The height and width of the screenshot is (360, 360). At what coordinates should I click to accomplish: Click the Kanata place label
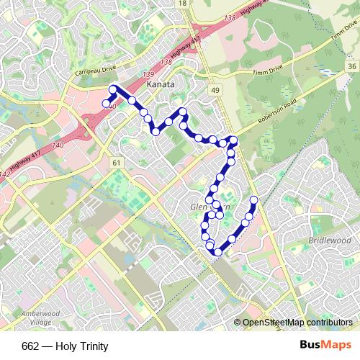pyautogui.click(x=160, y=84)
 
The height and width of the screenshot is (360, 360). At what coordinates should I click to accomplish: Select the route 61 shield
pyautogui.click(x=116, y=163)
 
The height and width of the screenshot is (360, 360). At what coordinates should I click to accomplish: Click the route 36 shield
pyautogui.click(x=351, y=66)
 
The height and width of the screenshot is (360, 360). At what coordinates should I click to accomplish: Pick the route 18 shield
pyautogui.click(x=182, y=4)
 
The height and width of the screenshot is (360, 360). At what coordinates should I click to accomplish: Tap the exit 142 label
pyautogui.click(x=6, y=174)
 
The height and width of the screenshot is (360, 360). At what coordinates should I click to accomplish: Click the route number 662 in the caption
pyautogui.click(x=30, y=346)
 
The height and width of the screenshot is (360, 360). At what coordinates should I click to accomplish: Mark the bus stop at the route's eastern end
pyautogui.click(x=253, y=199)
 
